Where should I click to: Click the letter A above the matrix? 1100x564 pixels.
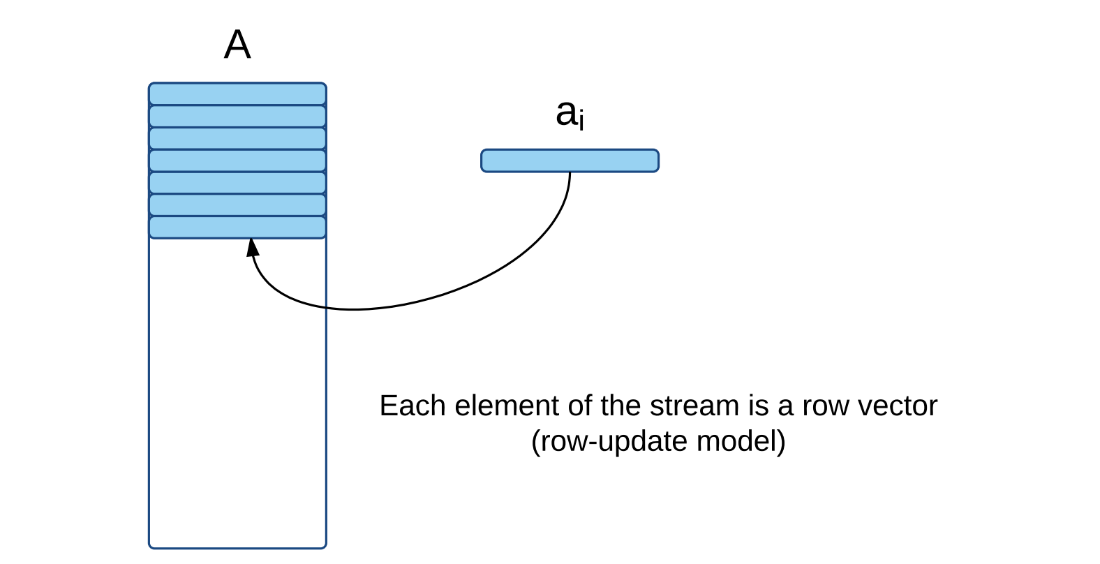pyautogui.click(x=238, y=45)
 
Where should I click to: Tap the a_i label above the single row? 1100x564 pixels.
pyautogui.click(x=570, y=114)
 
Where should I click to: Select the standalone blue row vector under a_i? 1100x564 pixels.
pyautogui.click(x=570, y=161)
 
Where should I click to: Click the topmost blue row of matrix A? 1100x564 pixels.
pyautogui.click(x=238, y=94)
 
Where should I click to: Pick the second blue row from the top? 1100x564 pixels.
pyautogui.click(x=238, y=117)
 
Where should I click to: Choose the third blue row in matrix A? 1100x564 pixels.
pyautogui.click(x=238, y=138)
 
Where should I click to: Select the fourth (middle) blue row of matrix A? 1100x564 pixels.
pyautogui.click(x=238, y=161)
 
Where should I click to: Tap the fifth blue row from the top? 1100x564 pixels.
pyautogui.click(x=238, y=183)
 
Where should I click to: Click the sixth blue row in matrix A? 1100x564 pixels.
pyautogui.click(x=238, y=205)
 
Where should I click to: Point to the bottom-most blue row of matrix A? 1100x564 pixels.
pyautogui.click(x=238, y=228)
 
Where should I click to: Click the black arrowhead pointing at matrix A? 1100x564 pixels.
pyautogui.click(x=253, y=248)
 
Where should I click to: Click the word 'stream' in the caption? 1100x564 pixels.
pyautogui.click(x=694, y=406)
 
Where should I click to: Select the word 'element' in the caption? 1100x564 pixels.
pyautogui.click(x=507, y=406)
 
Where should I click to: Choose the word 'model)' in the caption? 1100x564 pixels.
pyautogui.click(x=741, y=441)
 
